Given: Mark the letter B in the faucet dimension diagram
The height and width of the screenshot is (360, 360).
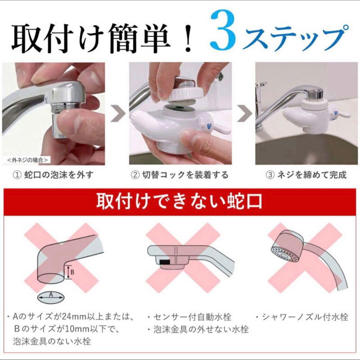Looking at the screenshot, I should coord(72,272).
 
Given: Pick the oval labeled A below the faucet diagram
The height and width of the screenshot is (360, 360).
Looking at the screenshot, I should coord(51,295).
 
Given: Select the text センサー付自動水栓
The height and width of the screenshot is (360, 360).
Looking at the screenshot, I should coord(193,317).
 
